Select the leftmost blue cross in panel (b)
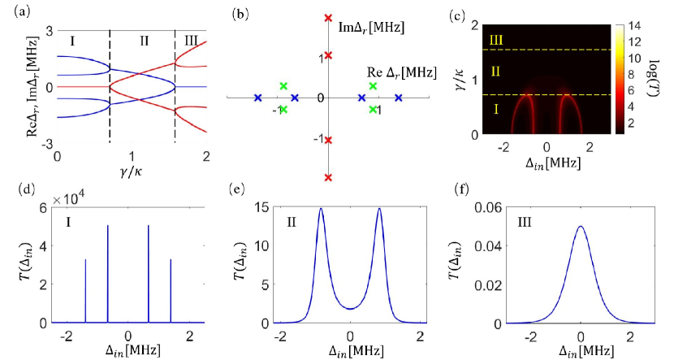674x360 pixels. (x=257, y=98)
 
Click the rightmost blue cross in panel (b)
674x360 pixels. (x=399, y=98)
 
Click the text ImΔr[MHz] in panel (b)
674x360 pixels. (x=371, y=28)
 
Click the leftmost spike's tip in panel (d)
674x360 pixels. (x=85, y=260)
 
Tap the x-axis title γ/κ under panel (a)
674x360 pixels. (x=131, y=171)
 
